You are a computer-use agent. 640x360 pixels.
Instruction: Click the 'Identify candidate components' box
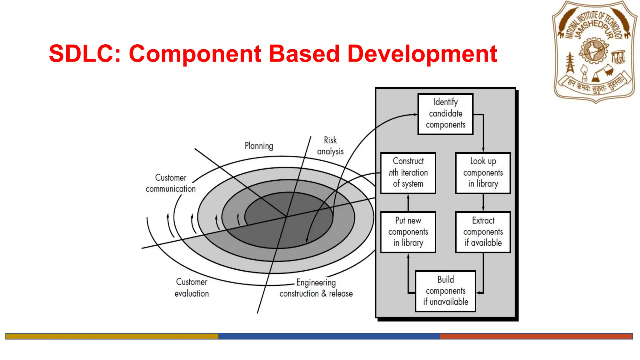pos(445,114)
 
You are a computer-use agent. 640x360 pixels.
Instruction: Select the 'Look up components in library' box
pos(483,173)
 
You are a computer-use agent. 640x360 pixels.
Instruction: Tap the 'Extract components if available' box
pos(483,232)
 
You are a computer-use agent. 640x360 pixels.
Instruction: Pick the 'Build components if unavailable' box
pos(445,291)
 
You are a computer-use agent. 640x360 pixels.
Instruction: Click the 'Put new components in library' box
pos(408,232)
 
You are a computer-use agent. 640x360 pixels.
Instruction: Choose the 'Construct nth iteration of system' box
pos(408,173)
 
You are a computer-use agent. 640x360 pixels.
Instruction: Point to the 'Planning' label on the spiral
pos(259,146)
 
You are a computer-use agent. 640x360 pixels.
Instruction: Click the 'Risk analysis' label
pos(330,146)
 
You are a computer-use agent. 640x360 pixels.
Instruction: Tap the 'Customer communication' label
pos(170,183)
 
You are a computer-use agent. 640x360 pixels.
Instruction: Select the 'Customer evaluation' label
pos(192,288)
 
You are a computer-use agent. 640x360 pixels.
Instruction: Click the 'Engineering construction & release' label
pos(316,288)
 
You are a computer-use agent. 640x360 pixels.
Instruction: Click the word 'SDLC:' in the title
pos(85,54)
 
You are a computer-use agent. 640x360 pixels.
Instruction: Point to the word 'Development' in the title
pos(422,54)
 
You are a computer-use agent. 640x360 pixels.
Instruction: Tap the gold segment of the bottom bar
pos(112,336)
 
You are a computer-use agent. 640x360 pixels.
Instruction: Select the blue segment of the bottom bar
pos(329,336)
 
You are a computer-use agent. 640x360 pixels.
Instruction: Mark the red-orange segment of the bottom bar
pos(536,336)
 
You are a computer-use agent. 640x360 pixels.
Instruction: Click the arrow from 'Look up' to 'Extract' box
pos(483,202)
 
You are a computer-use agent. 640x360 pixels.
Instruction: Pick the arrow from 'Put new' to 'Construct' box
pos(408,202)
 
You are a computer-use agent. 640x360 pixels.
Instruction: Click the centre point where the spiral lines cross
pos(286,216)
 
